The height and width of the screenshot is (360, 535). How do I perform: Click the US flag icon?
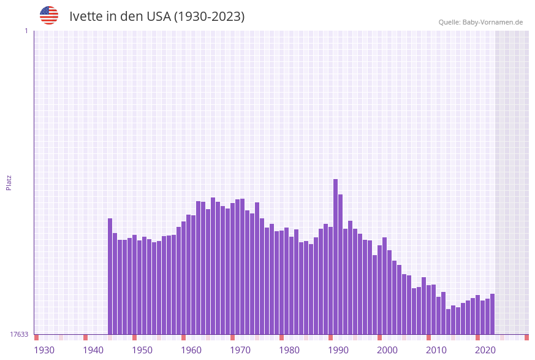point(49,15)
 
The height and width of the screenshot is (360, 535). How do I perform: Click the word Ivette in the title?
point(85,17)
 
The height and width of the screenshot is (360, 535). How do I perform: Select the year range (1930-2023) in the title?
point(210,17)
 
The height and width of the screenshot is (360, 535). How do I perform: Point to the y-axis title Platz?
point(9,182)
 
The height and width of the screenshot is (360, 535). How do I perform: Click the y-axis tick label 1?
point(26,31)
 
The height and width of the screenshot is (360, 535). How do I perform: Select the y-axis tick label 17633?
point(19,334)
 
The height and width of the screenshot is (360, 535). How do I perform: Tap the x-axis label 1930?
point(44,350)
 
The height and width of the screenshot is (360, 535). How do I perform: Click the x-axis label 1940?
point(93,350)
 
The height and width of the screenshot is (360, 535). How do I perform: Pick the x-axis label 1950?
point(142,350)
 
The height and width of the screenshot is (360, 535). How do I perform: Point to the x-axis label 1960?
point(191,350)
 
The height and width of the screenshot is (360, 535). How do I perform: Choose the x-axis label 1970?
point(240,350)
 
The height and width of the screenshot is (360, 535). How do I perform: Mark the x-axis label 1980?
point(289,350)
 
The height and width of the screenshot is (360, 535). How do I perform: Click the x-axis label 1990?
point(338,350)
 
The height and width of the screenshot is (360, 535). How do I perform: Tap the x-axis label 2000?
point(387,350)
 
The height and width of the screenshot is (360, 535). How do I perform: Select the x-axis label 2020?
point(485,350)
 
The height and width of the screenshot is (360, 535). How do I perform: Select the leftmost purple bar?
point(110,276)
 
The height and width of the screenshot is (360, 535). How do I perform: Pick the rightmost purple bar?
point(492,314)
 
